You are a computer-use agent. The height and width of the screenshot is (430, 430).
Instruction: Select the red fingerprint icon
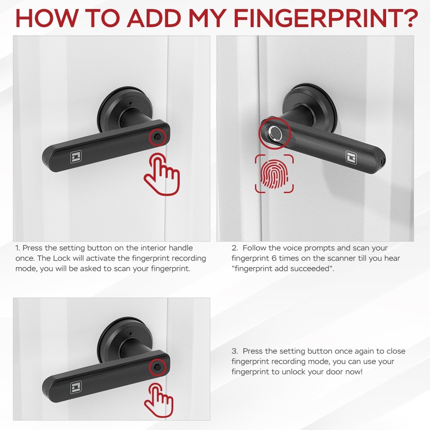click(x=274, y=174)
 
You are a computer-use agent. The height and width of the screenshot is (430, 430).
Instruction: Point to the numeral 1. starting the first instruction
click(x=18, y=248)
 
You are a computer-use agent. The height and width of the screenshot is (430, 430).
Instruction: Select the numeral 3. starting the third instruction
click(x=235, y=351)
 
